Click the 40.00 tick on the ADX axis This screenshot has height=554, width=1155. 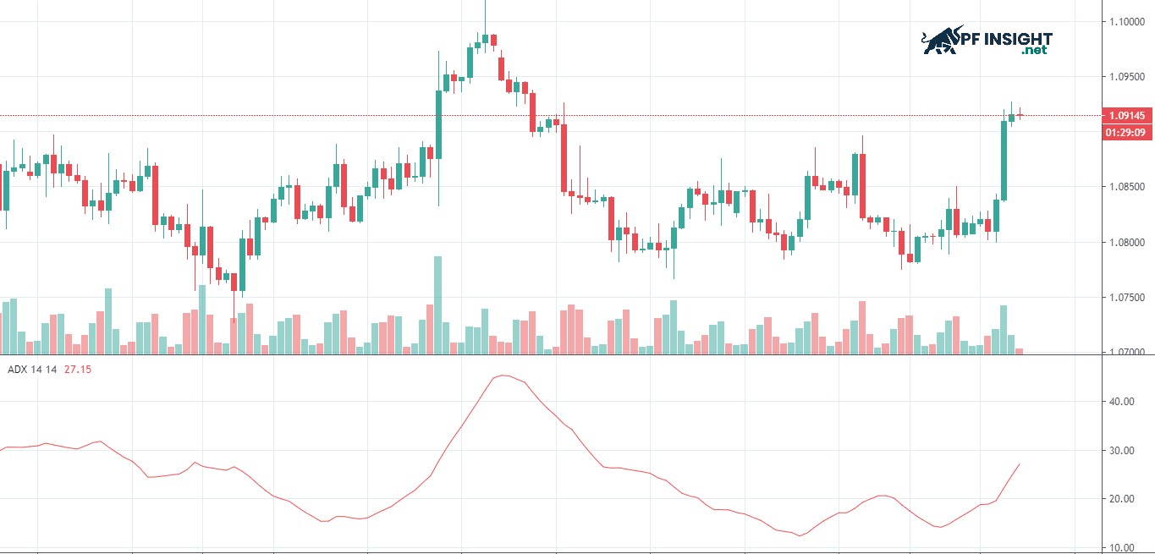pyautogui.click(x=1122, y=402)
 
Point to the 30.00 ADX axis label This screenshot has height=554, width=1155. pyautogui.click(x=1122, y=451)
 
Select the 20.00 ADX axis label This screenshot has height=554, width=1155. pyautogui.click(x=1122, y=499)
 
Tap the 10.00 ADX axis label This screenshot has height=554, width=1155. pyautogui.click(x=1122, y=547)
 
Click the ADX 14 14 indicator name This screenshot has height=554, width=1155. pyautogui.click(x=32, y=370)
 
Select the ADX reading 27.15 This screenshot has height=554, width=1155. pyautogui.click(x=78, y=370)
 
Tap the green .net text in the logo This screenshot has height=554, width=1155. pyautogui.click(x=1034, y=51)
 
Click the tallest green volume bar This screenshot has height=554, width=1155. pyautogui.click(x=438, y=304)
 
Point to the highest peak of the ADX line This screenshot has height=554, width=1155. pyautogui.click(x=503, y=376)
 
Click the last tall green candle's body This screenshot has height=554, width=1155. pyautogui.click(x=1004, y=161)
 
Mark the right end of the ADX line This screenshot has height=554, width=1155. pyautogui.click(x=1020, y=463)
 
